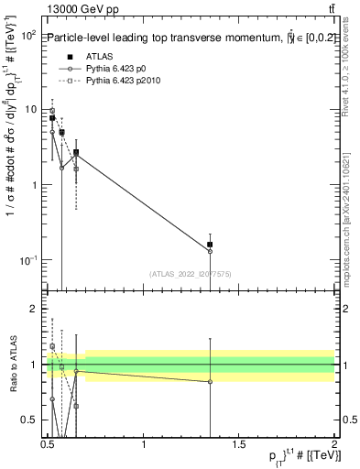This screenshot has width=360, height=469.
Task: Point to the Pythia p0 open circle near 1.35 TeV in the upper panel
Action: [211, 251]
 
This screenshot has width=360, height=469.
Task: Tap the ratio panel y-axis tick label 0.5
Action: [29, 420]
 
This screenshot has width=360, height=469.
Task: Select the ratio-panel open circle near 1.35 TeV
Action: [211, 382]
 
